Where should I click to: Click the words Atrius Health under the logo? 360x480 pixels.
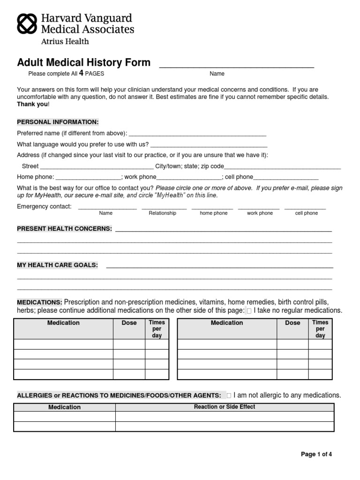pos(65,41)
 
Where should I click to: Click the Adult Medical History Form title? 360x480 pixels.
pos(84,63)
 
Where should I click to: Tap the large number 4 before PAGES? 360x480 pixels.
pos(81,73)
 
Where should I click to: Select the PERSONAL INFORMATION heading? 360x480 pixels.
pos(58,122)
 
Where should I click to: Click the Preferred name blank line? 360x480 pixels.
pos(197,134)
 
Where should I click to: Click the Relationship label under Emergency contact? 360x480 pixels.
pos(162,213)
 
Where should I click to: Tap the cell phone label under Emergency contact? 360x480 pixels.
pos(306,213)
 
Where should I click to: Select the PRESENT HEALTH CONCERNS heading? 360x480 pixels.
pos(65,229)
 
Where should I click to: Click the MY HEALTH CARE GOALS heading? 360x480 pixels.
pos(58,265)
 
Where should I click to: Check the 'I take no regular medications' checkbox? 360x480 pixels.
pos(249,311)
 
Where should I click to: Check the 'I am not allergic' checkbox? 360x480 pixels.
pos(229,396)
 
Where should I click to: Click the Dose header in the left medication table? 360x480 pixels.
pos(129,323)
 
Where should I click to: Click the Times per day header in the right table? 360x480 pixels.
pos(320,329)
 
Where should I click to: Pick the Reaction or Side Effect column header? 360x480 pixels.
pos(225,407)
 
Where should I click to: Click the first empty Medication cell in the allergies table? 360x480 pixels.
pos(65,417)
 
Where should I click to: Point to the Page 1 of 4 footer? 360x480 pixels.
pos(316,454)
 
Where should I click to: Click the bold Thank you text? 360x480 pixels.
pos(32,104)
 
